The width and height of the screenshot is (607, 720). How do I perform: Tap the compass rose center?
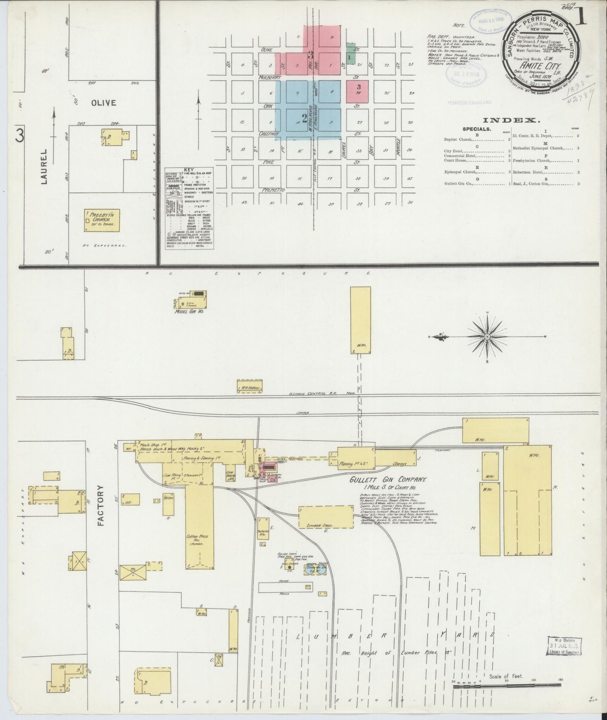pos(487,336)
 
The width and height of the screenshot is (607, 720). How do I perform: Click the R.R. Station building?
pos(250,388)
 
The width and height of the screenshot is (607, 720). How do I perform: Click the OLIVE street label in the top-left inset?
pos(104,102)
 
